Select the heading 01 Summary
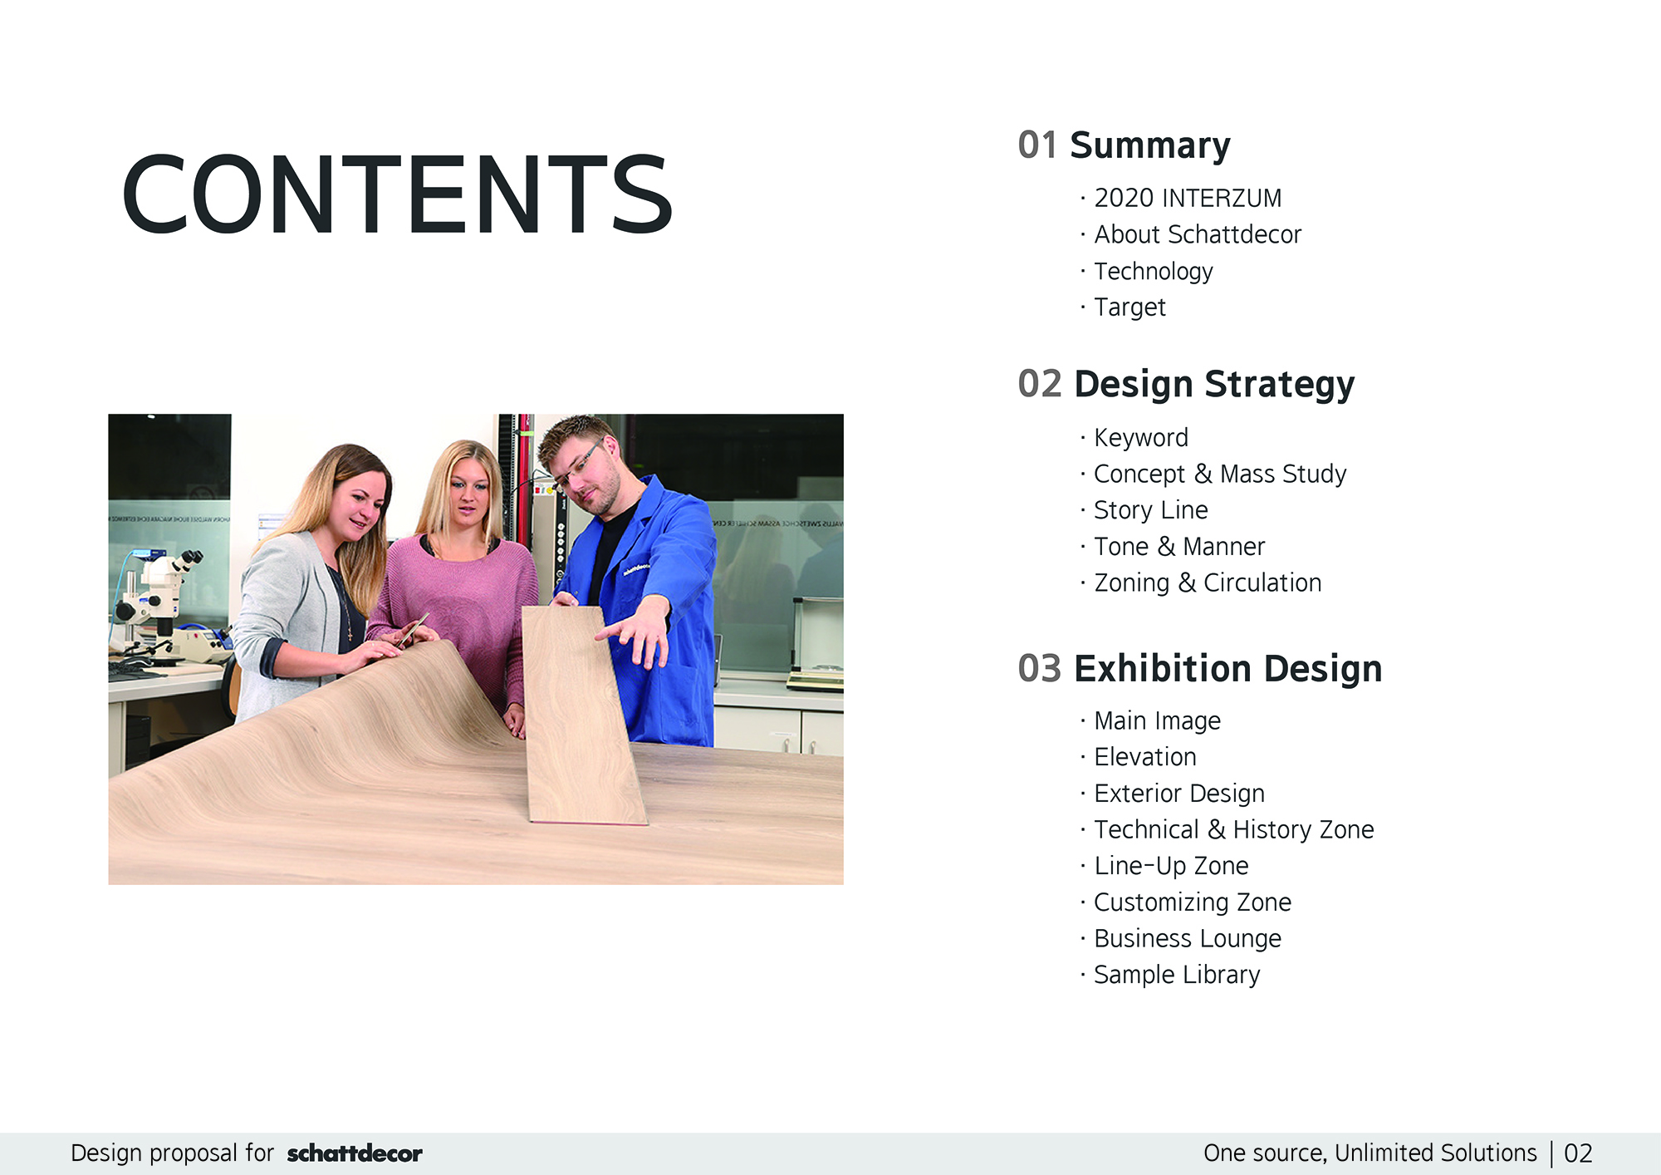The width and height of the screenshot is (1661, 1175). point(1124,145)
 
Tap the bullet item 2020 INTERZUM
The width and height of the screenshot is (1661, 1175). point(1188,199)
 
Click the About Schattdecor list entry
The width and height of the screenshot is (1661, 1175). point(1198,234)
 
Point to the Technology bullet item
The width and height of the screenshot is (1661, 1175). point(1154,272)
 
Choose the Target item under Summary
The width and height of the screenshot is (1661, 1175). point(1129,307)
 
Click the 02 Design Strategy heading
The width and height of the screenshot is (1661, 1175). point(1186,385)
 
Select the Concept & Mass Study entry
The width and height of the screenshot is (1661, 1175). point(1220,474)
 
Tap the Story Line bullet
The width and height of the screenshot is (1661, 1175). point(1150,510)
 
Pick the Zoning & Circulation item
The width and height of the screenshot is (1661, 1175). point(1208,583)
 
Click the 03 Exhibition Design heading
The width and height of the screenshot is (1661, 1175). point(1200,669)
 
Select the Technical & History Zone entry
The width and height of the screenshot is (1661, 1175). point(1234,829)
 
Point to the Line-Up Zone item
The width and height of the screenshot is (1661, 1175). point(1171,866)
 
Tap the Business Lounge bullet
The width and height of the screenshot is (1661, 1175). point(1188,939)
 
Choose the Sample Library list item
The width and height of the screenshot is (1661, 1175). point(1177,975)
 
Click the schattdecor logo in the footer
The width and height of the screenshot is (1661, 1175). point(355,1153)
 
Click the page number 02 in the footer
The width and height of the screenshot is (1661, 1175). point(1578,1153)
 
